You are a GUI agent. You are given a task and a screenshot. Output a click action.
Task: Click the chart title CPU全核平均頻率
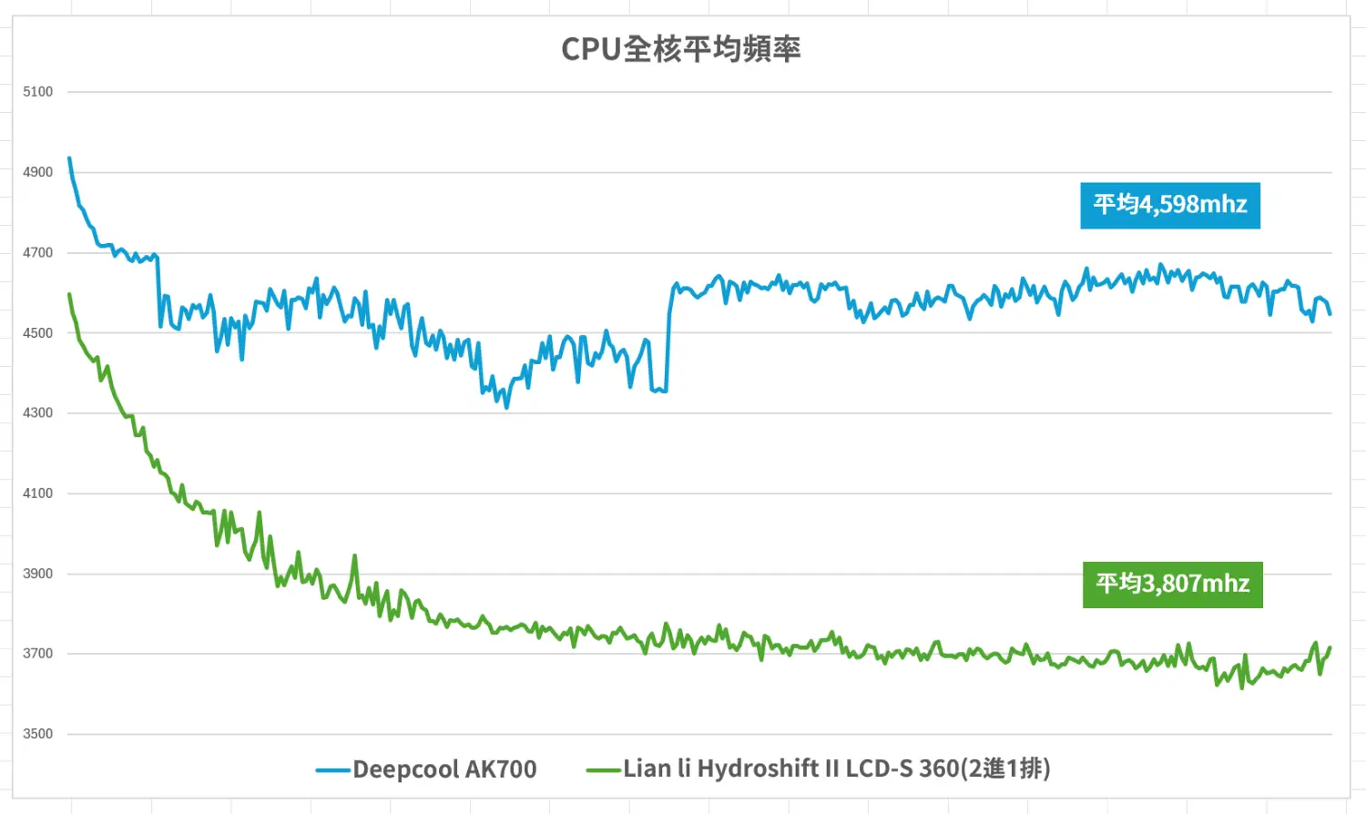[x=680, y=49]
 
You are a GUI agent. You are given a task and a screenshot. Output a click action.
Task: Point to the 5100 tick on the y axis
[x=38, y=92]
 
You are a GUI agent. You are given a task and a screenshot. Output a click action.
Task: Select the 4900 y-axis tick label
[x=38, y=172]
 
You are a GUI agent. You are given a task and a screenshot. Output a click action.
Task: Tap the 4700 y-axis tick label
[x=38, y=252]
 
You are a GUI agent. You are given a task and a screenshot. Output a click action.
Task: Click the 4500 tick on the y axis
[x=38, y=333]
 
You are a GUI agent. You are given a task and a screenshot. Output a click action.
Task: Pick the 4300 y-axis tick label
[x=38, y=413]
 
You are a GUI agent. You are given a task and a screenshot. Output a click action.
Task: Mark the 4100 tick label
[x=38, y=493]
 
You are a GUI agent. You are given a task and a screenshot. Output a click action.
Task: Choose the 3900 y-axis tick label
[x=38, y=574]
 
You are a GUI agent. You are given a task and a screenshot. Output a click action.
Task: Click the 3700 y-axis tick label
[x=38, y=654]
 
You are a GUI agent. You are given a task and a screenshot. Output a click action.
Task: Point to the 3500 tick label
[x=38, y=734]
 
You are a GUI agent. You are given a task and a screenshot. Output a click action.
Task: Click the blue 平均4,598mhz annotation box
[x=1170, y=205]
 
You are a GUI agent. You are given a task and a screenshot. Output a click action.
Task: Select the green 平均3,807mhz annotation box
[x=1172, y=584]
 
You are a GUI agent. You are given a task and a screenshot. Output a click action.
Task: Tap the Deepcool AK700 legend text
[x=444, y=769]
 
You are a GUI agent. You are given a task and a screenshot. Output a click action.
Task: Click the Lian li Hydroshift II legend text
[x=836, y=769]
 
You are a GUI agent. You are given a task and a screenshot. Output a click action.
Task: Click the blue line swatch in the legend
[x=333, y=770]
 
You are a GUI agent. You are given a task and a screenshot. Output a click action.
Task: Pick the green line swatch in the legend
[x=603, y=770]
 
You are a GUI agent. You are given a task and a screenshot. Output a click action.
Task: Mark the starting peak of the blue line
[x=69, y=159]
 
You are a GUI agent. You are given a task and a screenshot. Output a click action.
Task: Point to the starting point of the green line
[x=69, y=294]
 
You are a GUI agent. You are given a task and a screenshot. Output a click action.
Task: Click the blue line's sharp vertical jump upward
[x=668, y=346]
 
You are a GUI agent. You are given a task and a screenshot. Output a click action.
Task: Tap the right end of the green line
[x=1330, y=648]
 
